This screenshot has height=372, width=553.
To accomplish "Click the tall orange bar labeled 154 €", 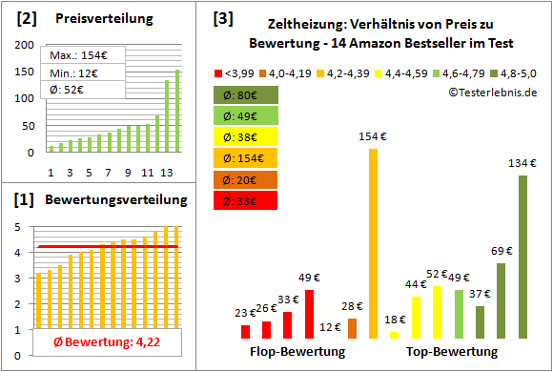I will point(373,243).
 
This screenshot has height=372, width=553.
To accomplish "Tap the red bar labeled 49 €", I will point(309,315).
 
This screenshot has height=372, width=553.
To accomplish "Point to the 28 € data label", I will point(352,305).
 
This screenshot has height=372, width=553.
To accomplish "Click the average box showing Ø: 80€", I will point(245,95).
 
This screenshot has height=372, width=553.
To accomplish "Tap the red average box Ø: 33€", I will point(245,200).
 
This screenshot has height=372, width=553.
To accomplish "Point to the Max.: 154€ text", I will point(74,54).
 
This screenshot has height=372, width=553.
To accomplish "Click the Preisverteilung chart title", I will point(95,19).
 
